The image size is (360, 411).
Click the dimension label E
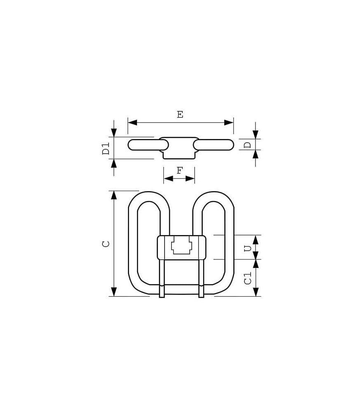pyautogui.click(x=180, y=115)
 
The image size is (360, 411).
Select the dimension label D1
pyautogui.click(x=106, y=148)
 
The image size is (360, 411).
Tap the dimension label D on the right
pyautogui.click(x=247, y=145)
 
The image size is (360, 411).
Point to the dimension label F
pyautogui.click(x=179, y=171)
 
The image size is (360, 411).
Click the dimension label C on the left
pyautogui.click(x=106, y=243)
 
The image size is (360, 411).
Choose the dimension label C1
pyautogui.click(x=247, y=278)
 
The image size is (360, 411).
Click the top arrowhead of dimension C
pyautogui.click(x=114, y=196)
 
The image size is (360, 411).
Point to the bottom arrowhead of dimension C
pyautogui.click(x=114, y=291)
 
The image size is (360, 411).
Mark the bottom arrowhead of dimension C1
pyautogui.click(x=255, y=291)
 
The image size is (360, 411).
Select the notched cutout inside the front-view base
pyautogui.click(x=181, y=246)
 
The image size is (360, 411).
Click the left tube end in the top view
pyautogui.click(x=132, y=145)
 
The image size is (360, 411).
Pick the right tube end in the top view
pyautogui.click(x=229, y=145)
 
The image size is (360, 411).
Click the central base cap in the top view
pyautogui.click(x=179, y=148)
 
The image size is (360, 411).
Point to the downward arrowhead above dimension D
pyautogui.click(x=255, y=134)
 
